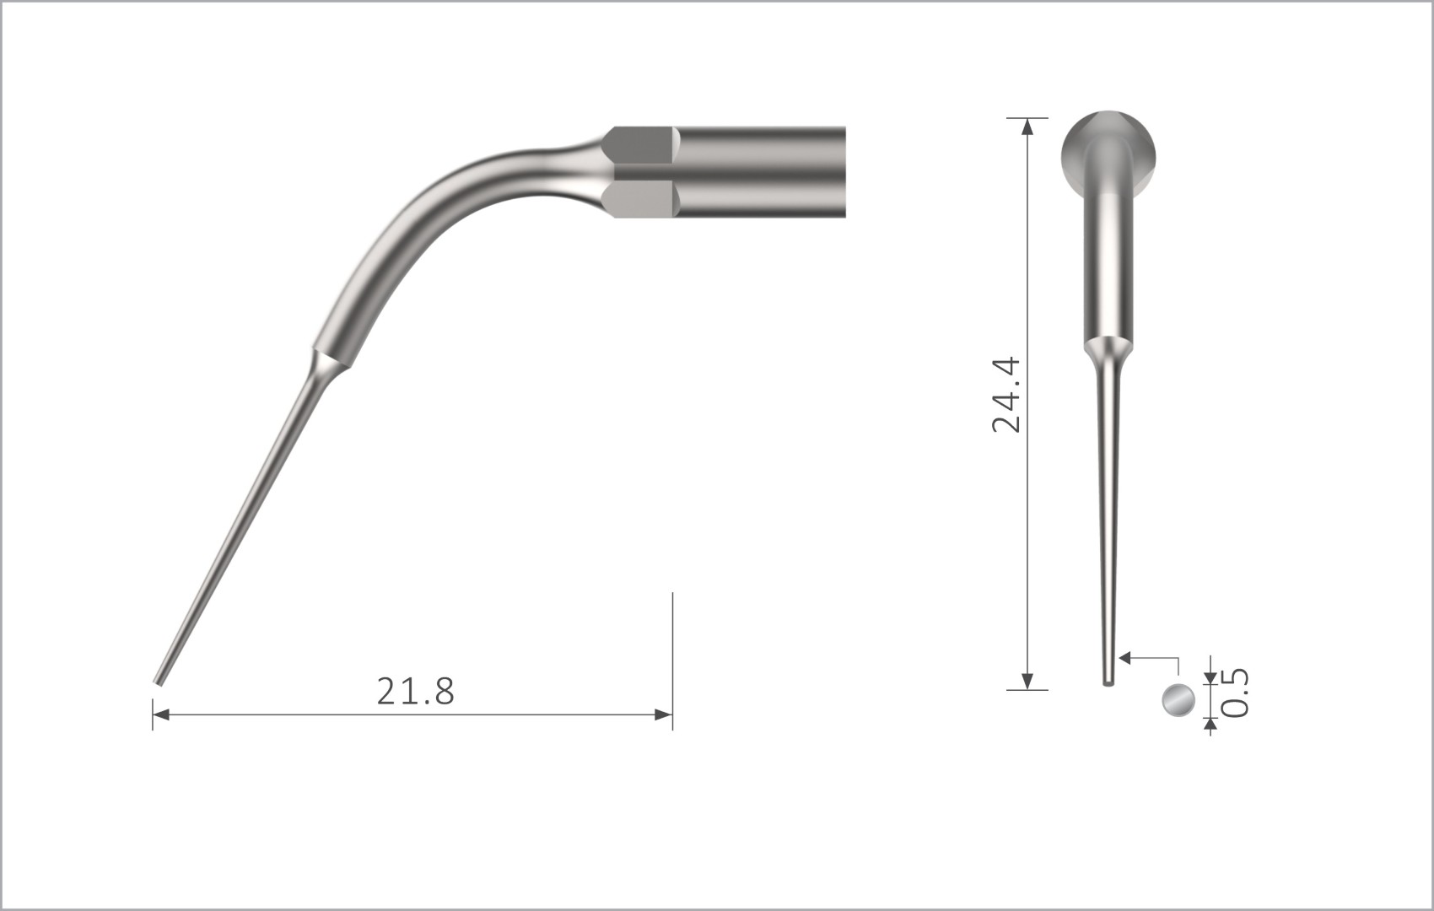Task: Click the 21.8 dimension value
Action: click(x=415, y=692)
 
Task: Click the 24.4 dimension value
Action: click(x=1006, y=395)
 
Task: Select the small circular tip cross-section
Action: click(x=1178, y=700)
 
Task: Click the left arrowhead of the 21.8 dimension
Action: click(x=160, y=715)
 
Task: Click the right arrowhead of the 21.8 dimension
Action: click(x=665, y=715)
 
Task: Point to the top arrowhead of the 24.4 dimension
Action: click(x=1027, y=126)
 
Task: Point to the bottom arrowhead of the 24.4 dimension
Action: click(x=1027, y=682)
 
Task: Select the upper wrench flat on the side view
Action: click(x=643, y=154)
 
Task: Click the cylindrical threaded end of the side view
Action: click(x=759, y=173)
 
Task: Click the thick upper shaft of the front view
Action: click(x=1108, y=270)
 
